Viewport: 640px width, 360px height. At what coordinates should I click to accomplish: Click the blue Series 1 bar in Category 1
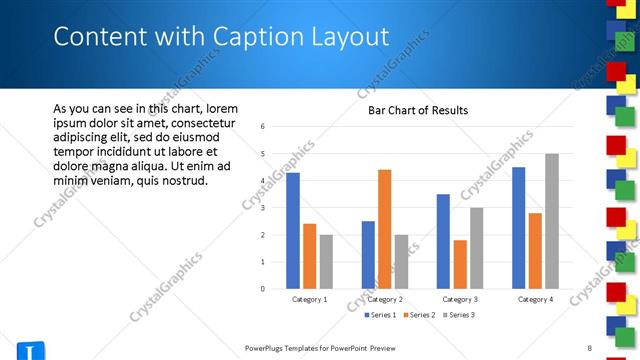pos(293,230)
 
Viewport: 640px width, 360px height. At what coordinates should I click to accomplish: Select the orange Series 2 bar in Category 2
pos(385,229)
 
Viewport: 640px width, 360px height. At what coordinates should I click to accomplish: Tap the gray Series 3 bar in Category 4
pos(551,221)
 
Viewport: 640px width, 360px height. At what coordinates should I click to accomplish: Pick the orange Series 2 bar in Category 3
pos(460,264)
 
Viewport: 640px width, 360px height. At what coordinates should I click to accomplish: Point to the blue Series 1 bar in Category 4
pos(518,228)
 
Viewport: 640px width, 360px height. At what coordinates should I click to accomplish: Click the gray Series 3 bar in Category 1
pos(326,262)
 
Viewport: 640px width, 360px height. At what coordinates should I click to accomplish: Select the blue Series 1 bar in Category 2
pos(368,255)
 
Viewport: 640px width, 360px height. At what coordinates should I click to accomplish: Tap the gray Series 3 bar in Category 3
pos(477,248)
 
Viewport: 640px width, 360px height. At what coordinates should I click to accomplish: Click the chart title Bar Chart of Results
pos(412,110)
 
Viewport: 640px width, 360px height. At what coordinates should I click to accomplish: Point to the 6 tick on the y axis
pos(262,127)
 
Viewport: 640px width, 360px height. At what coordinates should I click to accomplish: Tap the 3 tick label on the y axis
pos(262,208)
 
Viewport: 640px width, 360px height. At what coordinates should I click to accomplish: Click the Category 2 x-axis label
pos(385,299)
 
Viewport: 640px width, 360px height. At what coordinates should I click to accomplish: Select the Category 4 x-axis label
pos(535,299)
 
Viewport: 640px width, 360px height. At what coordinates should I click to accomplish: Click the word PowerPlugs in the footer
pos(268,347)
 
